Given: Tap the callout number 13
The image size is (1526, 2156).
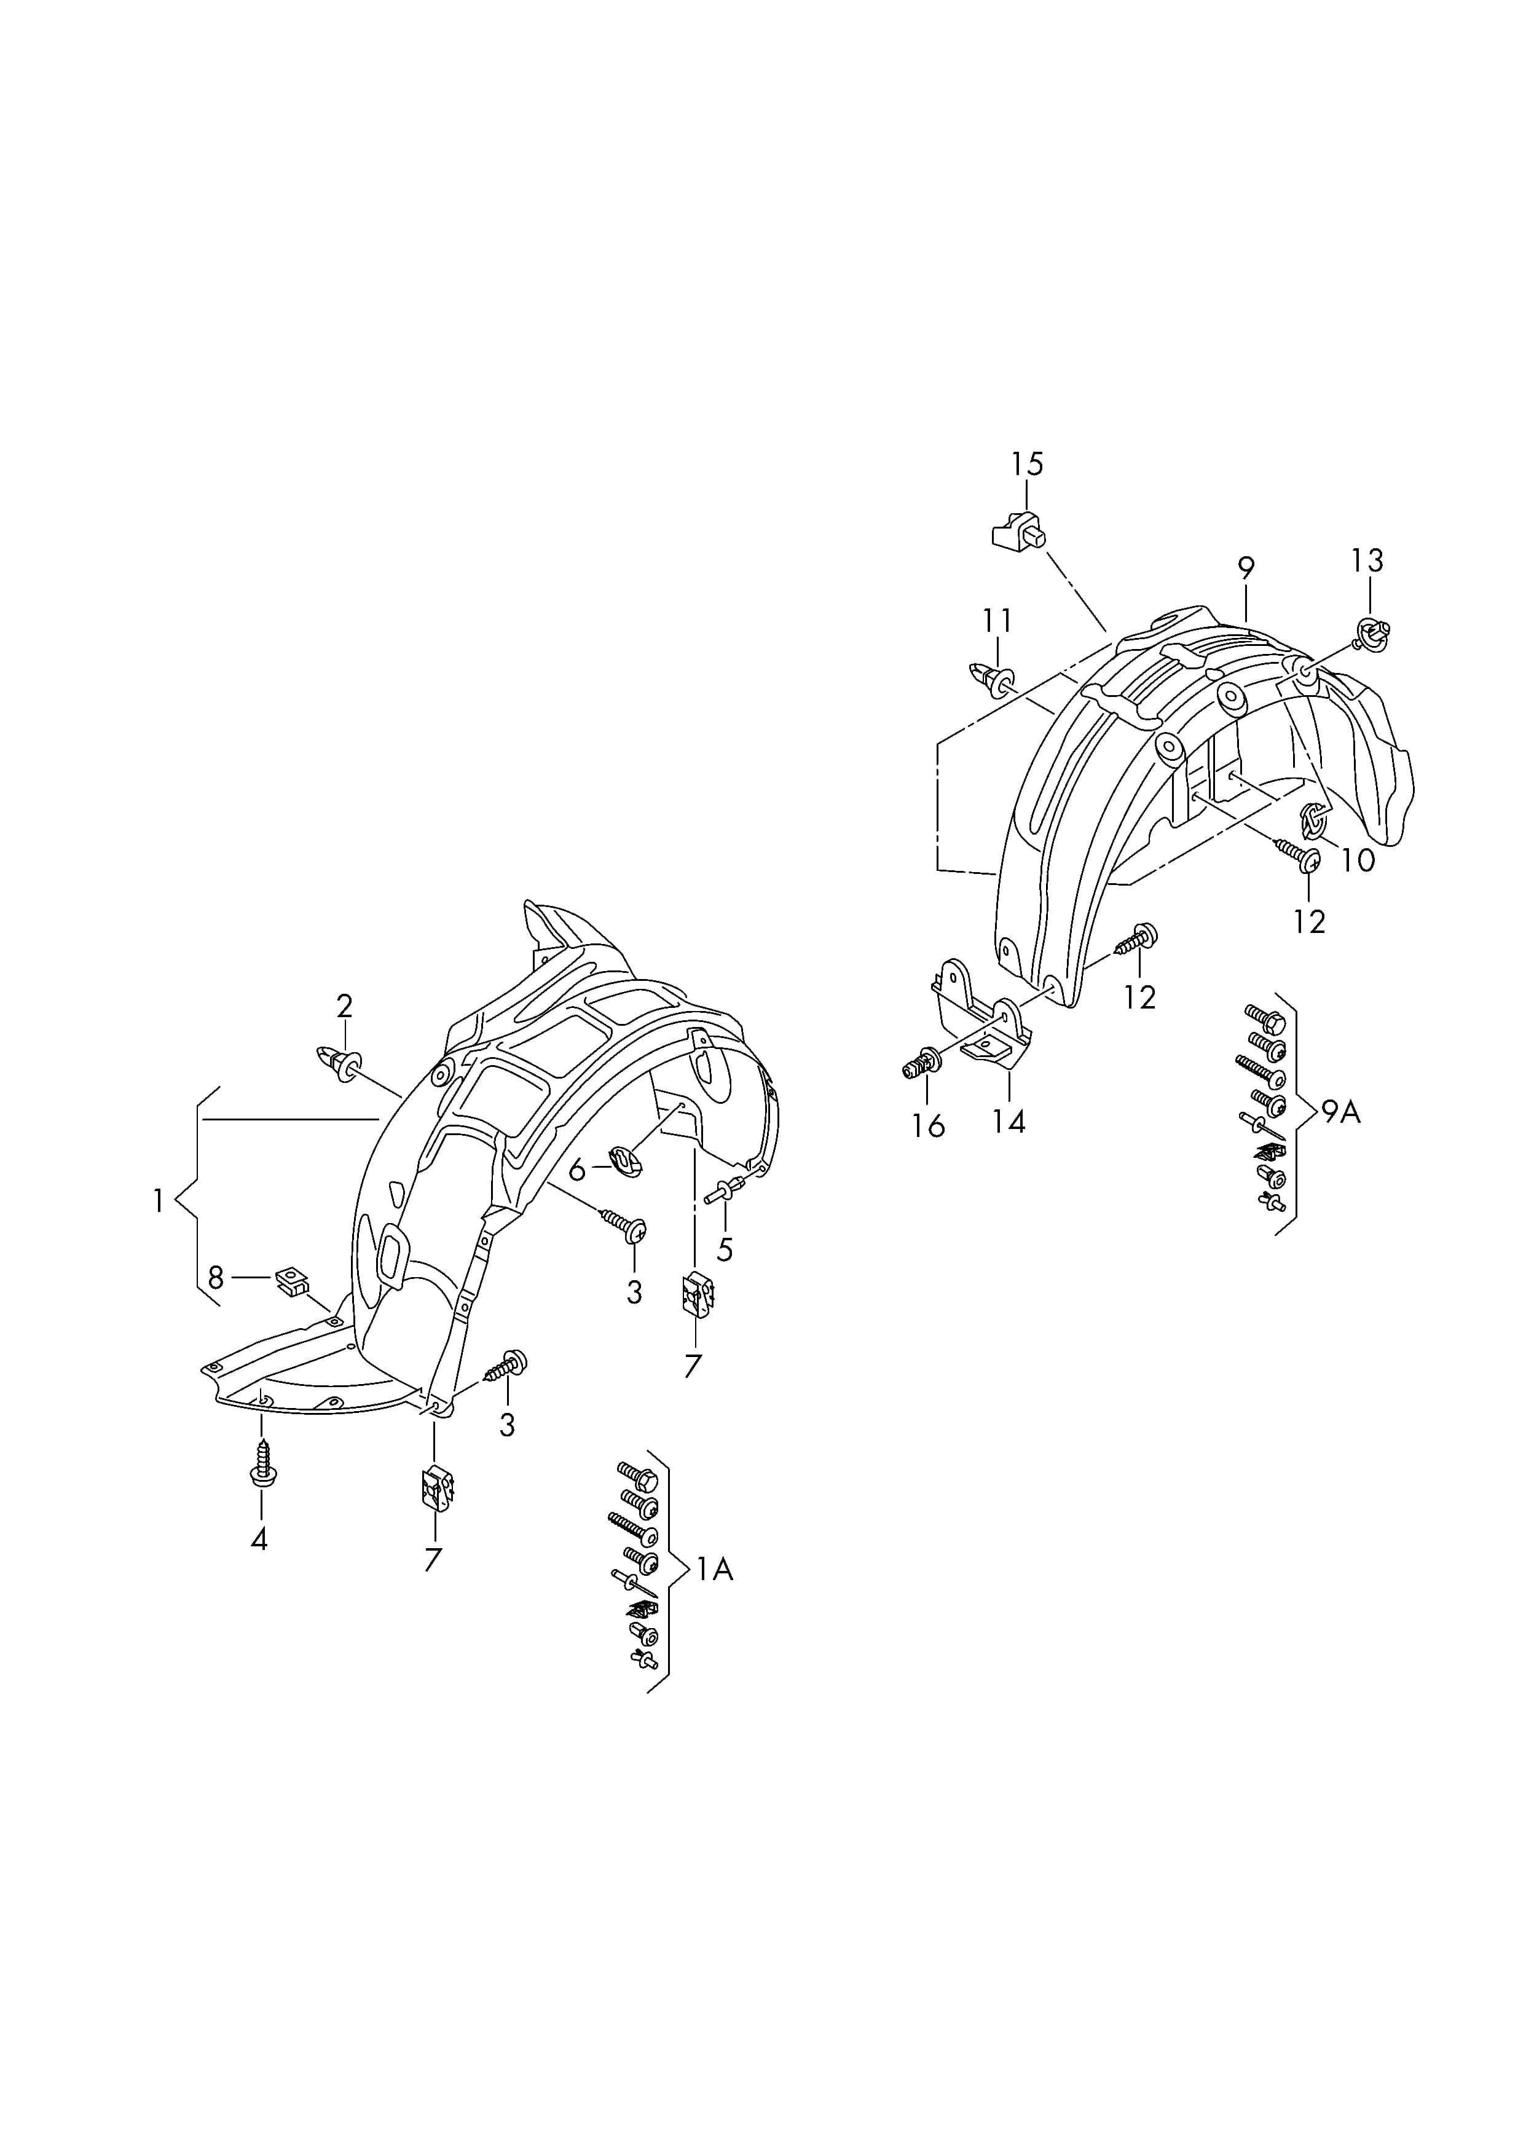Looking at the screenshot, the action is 1367,561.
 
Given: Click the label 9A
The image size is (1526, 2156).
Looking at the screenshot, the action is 1341,1112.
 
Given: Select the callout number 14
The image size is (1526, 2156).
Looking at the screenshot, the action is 1009,1121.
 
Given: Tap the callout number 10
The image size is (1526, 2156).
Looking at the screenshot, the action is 1358,860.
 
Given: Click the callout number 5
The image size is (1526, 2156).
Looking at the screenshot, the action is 725,1249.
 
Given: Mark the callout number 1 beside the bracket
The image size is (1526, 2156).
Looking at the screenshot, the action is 159,1200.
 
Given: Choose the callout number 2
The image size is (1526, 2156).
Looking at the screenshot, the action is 345,1007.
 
